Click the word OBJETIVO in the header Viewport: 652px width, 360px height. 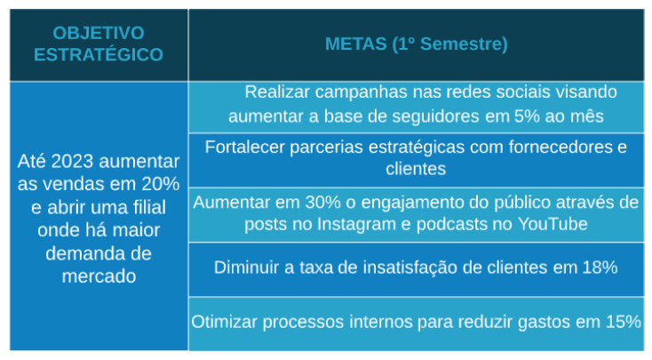(x=99, y=33)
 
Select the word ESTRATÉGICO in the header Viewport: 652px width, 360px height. (x=99, y=54)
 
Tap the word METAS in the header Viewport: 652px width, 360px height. (x=355, y=44)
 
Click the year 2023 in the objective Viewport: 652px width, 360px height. (x=74, y=162)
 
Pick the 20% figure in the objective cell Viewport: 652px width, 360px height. (x=161, y=184)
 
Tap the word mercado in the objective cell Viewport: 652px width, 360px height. (x=99, y=276)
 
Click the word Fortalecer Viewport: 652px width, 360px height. (x=245, y=148)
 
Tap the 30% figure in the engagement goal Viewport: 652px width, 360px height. (x=322, y=203)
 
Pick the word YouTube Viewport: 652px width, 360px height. (x=553, y=224)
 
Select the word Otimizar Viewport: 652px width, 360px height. (x=224, y=322)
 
